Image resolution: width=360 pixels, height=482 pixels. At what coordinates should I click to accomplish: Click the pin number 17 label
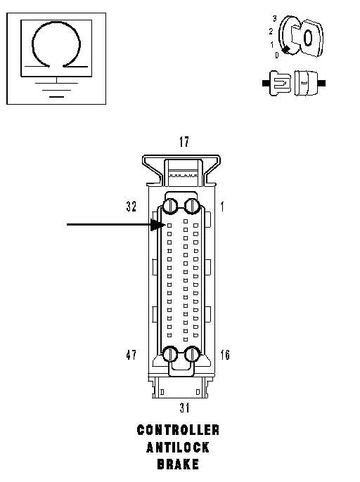[x=184, y=142]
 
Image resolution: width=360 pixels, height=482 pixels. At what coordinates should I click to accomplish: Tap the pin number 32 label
[x=131, y=207]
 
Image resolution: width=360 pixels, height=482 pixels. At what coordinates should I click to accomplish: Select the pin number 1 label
[x=222, y=207]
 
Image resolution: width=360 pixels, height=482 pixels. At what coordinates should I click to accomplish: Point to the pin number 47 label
[x=131, y=355]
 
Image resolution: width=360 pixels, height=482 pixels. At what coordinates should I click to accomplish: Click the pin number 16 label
[x=225, y=355]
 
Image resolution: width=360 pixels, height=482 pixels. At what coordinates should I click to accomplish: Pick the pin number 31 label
[x=184, y=408]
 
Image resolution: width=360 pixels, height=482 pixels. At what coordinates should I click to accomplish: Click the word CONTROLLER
[x=178, y=430]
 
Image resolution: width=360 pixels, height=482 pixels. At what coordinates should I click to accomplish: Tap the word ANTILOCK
[x=178, y=447]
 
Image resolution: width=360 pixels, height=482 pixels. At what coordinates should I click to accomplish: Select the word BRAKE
[x=178, y=464]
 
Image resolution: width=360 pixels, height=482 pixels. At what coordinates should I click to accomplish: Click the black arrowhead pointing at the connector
[x=158, y=225]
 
